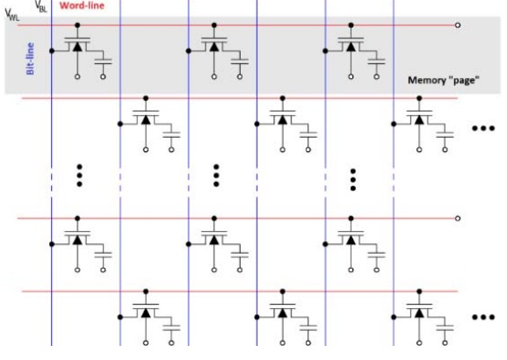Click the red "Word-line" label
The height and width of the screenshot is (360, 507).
(x=82, y=5)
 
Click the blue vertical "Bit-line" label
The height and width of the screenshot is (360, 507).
(x=30, y=59)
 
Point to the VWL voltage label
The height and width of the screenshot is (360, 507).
(x=12, y=15)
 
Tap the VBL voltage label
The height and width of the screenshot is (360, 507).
(x=41, y=6)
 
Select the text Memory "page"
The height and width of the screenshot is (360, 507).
(x=444, y=80)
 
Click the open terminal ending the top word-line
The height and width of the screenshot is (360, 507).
(x=458, y=25)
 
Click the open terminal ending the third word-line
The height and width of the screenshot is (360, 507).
(x=458, y=219)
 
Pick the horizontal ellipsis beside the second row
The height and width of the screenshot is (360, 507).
(x=483, y=128)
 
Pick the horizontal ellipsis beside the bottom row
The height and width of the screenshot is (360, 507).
(x=483, y=317)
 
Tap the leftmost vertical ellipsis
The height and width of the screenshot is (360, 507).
(x=79, y=176)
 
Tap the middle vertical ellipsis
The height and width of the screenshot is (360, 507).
(x=216, y=176)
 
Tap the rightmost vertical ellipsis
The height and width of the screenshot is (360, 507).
(x=353, y=180)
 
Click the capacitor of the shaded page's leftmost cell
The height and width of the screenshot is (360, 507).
(x=103, y=61)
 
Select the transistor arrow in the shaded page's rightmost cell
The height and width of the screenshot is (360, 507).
(x=351, y=47)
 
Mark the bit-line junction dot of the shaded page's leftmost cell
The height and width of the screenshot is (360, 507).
(x=52, y=51)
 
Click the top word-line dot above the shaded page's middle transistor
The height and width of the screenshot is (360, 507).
(x=214, y=25)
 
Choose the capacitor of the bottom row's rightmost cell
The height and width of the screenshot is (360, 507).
(x=445, y=328)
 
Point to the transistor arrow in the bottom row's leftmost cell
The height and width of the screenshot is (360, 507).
(x=146, y=313)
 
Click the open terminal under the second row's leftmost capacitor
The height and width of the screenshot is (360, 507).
(x=171, y=149)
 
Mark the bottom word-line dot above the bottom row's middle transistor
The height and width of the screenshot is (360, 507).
(x=283, y=292)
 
